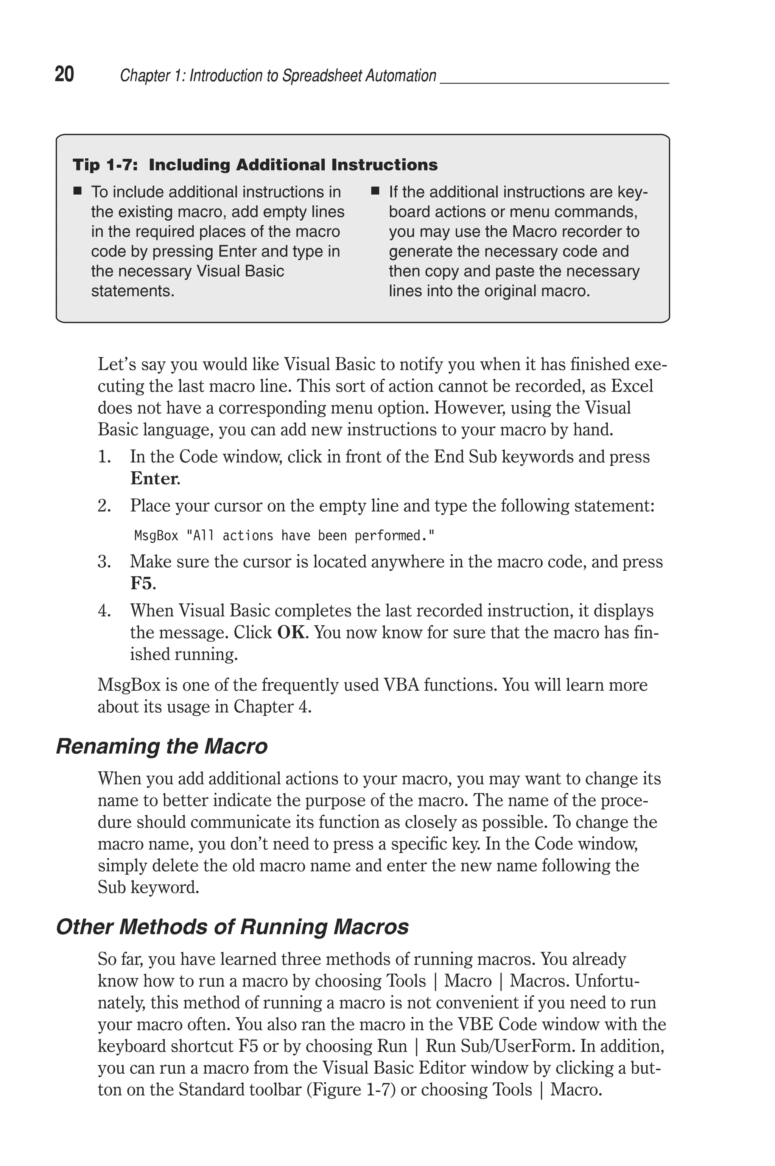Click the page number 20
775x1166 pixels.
point(64,74)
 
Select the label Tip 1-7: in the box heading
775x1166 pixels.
point(105,165)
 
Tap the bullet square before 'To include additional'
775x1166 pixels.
point(77,191)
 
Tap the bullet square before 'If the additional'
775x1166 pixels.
point(375,191)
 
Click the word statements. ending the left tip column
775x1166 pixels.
point(132,291)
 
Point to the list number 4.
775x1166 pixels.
point(104,611)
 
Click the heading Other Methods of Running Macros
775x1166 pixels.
point(232,927)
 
